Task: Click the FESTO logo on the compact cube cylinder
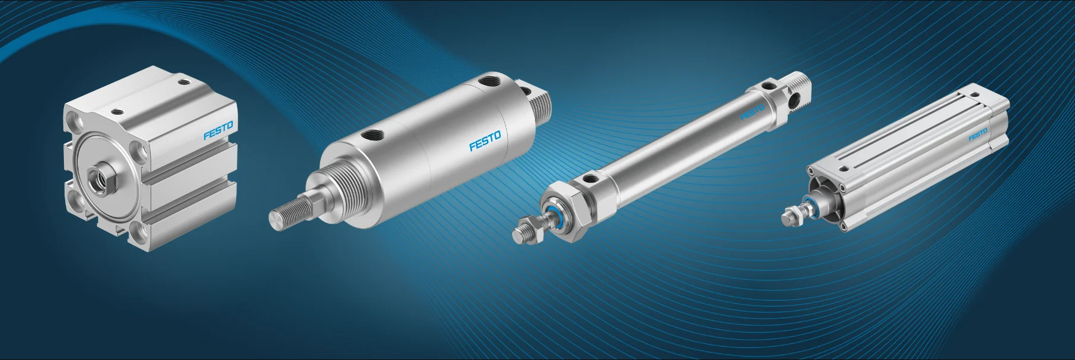(218, 131)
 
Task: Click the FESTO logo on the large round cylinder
(485, 141)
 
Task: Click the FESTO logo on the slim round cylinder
(753, 112)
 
